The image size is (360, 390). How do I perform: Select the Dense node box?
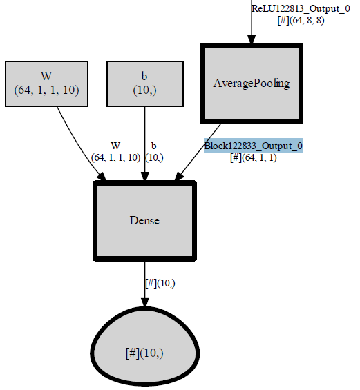click(x=144, y=221)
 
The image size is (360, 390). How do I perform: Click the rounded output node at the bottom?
click(x=144, y=351)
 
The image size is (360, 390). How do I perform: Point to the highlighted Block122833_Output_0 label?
click(x=253, y=146)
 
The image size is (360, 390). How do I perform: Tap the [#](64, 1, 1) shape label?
click(x=253, y=157)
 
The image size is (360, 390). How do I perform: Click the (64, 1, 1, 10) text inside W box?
click(x=46, y=90)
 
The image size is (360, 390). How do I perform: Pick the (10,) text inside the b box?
click(x=144, y=90)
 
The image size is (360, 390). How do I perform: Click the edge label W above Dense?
click(x=115, y=146)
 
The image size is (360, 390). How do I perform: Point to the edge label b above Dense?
click(x=153, y=146)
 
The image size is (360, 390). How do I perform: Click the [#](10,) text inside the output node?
click(x=144, y=353)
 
